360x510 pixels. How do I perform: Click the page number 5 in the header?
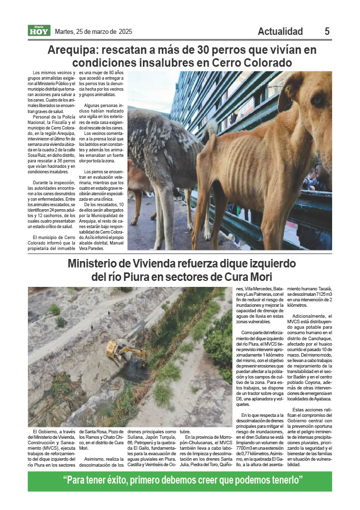pyautogui.click(x=327, y=31)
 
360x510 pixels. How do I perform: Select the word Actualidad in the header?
pyautogui.click(x=280, y=31)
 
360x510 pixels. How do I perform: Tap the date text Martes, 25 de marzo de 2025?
pyautogui.click(x=93, y=31)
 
